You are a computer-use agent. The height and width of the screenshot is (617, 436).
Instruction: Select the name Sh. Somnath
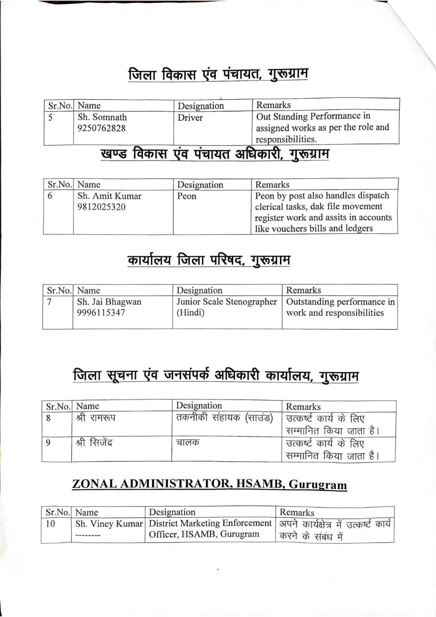click(x=102, y=117)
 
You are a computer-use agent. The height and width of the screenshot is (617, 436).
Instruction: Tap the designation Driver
click(x=190, y=118)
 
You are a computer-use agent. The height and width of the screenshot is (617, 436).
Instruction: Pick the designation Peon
click(x=187, y=196)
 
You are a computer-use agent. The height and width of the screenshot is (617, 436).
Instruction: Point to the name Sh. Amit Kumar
click(x=109, y=196)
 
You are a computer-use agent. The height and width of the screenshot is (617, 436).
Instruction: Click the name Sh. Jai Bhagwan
click(x=109, y=302)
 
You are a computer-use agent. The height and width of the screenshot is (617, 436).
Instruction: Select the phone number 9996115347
click(x=102, y=312)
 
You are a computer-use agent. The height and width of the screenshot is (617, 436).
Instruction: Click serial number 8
click(x=49, y=418)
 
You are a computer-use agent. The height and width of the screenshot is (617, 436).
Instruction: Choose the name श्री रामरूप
click(x=96, y=417)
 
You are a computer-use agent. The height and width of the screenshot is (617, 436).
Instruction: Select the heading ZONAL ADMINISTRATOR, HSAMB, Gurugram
click(x=210, y=484)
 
